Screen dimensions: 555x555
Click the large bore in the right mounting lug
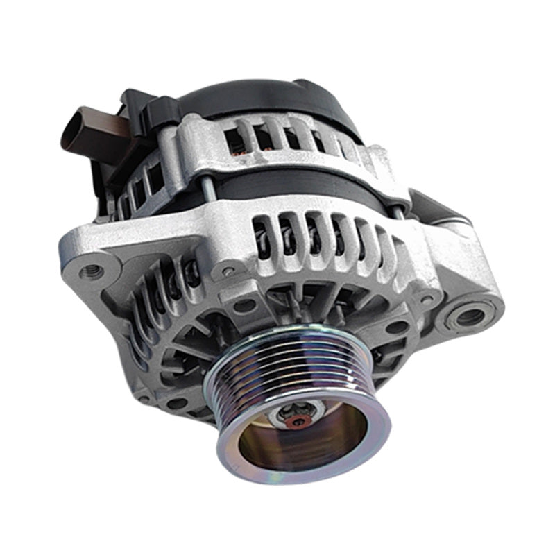click(x=470, y=317)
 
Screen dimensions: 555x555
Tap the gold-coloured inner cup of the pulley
click(x=305, y=444)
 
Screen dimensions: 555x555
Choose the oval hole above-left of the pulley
click(x=245, y=305)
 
